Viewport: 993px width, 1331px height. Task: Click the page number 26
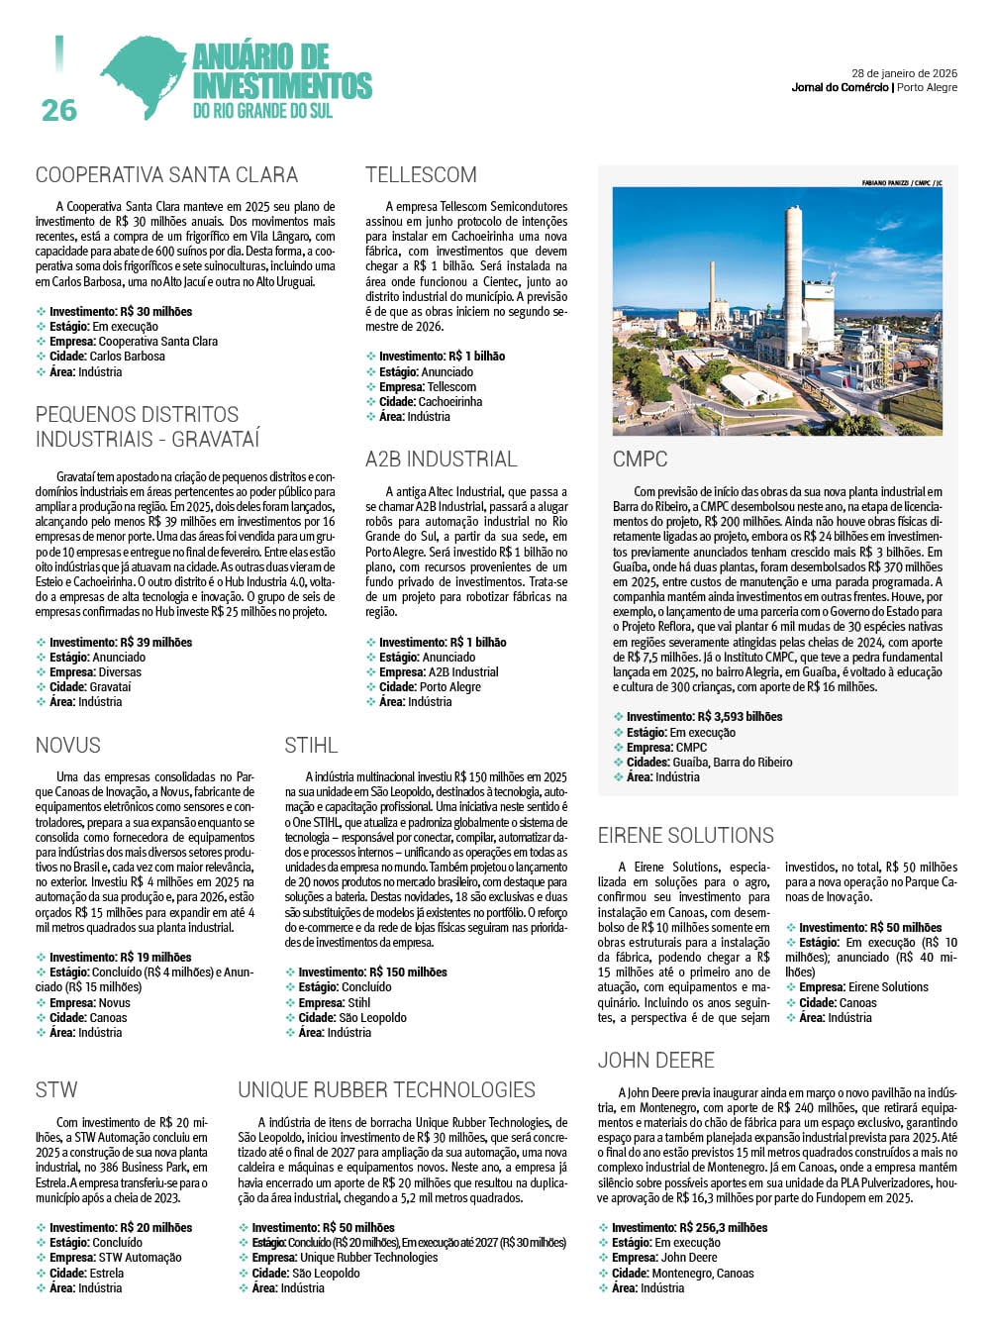[59, 109]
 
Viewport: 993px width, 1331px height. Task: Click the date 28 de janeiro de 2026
[904, 73]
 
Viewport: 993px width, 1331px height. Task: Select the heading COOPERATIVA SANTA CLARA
[166, 175]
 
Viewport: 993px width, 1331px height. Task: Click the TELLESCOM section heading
[421, 175]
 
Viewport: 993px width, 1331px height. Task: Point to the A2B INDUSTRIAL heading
[441, 460]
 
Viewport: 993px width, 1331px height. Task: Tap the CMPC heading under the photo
[641, 460]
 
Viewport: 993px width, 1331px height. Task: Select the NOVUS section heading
[68, 746]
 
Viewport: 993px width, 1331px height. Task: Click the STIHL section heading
[311, 746]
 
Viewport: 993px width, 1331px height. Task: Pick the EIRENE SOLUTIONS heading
[685, 836]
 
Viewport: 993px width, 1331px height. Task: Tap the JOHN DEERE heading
[655, 1061]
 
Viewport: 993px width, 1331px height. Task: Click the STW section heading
[56, 1090]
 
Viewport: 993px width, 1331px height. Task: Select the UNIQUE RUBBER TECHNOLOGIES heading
[386, 1090]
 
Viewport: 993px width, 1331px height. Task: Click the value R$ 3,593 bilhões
[740, 717]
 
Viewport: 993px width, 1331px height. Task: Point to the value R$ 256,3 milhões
[723, 1228]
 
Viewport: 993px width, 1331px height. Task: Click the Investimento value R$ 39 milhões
[156, 643]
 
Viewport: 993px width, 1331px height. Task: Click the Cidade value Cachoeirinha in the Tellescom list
[450, 402]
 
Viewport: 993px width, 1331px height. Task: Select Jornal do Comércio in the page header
[840, 88]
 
